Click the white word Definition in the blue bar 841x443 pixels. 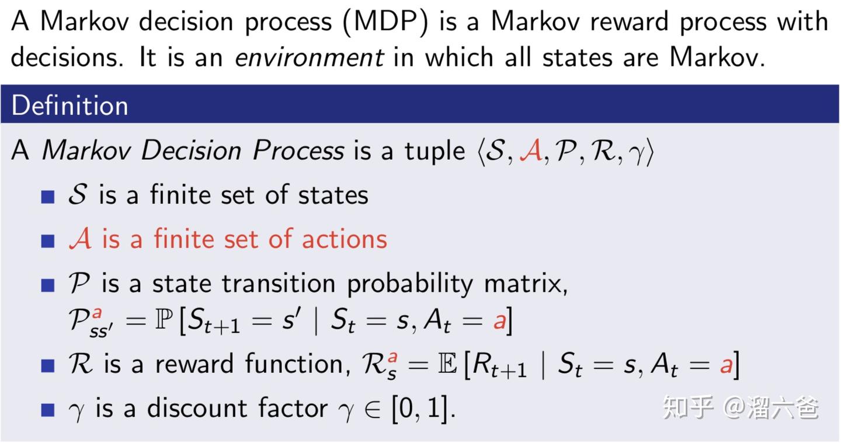tap(69, 106)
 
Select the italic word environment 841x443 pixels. tap(310, 57)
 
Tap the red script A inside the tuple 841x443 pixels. tap(530, 152)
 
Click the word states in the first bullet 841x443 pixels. tap(333, 195)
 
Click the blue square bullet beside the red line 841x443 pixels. tap(48, 240)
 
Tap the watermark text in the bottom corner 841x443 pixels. tap(740, 407)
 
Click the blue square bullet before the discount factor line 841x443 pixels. tap(48, 408)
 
